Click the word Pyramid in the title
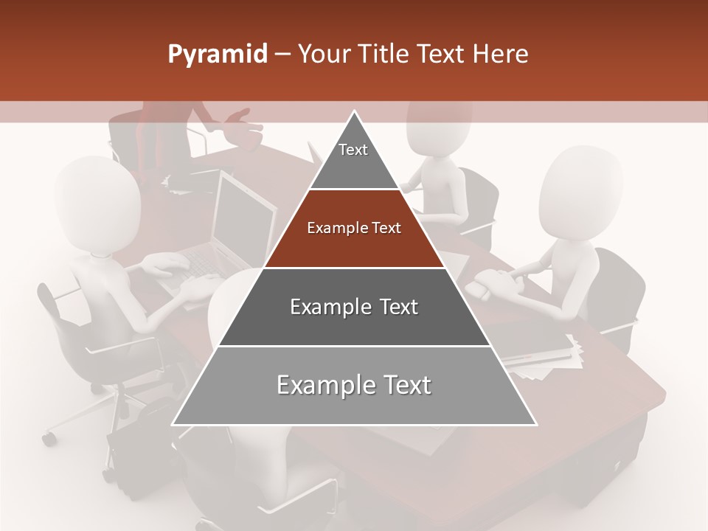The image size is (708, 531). click(x=218, y=55)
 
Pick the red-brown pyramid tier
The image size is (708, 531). click(x=354, y=229)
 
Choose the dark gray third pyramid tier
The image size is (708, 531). click(x=354, y=307)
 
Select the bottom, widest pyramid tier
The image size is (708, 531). click(x=354, y=386)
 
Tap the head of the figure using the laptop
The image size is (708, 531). click(x=97, y=203)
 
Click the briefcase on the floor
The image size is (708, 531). click(x=136, y=435)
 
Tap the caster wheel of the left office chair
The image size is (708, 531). click(x=49, y=439)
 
